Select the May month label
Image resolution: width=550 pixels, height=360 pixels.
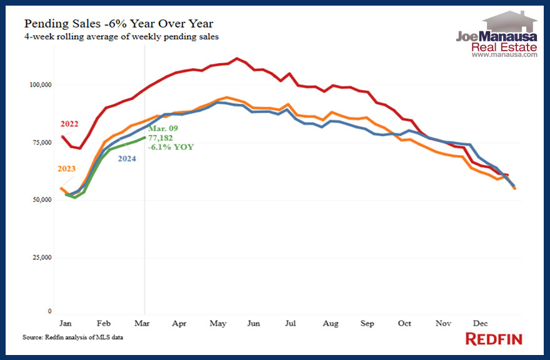[217, 324]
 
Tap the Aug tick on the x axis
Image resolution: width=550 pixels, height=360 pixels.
[331, 324]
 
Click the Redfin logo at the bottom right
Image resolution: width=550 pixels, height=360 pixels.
[494, 339]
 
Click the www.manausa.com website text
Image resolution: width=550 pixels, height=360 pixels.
[504, 54]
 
